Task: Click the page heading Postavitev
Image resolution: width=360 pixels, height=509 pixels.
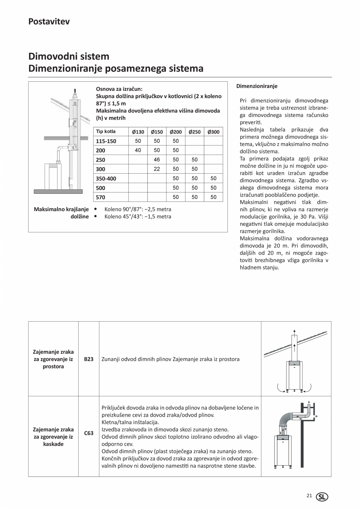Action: coord(49,22)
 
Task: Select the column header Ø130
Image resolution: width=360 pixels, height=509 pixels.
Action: coord(138,132)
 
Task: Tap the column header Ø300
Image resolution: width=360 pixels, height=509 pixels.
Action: coord(213,132)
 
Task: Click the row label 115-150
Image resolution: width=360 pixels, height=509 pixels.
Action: coord(106,141)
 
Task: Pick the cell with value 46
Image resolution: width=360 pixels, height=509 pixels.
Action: coord(157,160)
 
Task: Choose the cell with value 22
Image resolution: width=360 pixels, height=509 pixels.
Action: coord(157,169)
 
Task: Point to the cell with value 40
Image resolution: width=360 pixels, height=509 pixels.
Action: coord(138,150)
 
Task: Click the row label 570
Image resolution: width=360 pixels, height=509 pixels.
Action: coord(101,197)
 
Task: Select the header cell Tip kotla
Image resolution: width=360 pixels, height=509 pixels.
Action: coord(106,131)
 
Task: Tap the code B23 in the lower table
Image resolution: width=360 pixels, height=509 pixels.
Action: coord(89,359)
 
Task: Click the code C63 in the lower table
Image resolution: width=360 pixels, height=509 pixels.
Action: coord(89,433)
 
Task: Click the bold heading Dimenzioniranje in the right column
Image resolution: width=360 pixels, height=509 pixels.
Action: coord(257,86)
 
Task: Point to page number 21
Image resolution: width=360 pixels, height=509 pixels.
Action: coord(309,496)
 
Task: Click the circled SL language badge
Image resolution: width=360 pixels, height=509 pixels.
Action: coord(322,496)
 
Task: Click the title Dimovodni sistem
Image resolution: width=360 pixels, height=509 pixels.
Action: coord(69,56)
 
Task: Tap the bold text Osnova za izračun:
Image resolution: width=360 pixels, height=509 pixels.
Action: coord(119,89)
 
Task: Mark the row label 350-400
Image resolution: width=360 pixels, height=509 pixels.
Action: coord(106,178)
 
